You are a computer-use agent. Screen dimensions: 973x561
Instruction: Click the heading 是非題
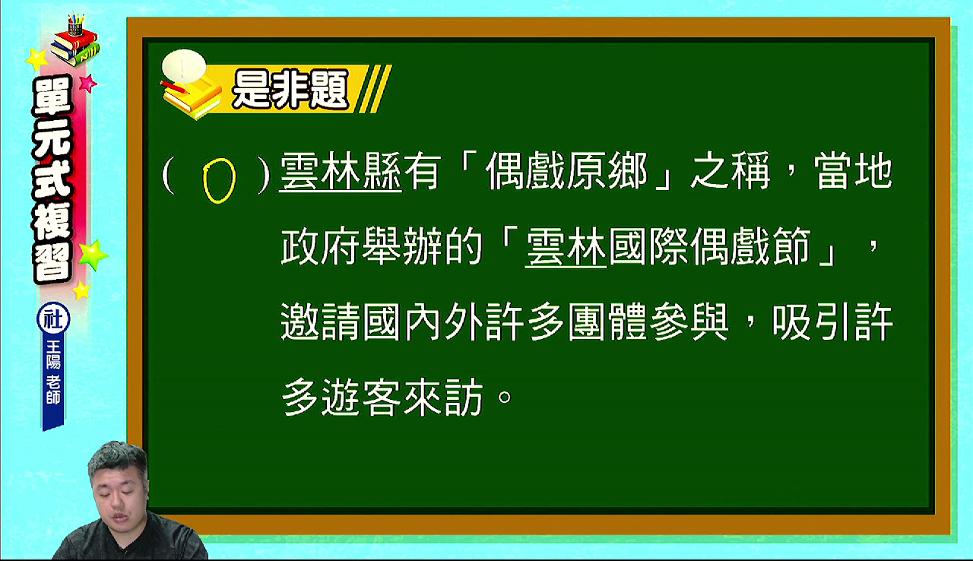tap(290, 90)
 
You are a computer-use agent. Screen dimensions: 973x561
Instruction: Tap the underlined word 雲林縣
tap(340, 171)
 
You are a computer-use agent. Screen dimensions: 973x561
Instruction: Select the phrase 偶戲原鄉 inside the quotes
tap(566, 171)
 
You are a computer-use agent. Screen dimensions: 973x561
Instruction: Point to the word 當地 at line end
tap(854, 171)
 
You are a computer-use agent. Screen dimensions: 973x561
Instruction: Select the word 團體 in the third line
tap(607, 322)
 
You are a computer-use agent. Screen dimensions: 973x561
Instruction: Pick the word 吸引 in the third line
tap(811, 322)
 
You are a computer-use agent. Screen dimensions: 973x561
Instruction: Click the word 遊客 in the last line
tap(361, 397)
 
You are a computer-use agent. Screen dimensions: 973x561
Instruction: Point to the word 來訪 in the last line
tap(443, 397)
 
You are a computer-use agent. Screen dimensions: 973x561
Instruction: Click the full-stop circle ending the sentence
tap(505, 397)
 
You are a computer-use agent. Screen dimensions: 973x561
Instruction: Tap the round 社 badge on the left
tap(53, 319)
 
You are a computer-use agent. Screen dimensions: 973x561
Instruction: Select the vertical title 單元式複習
tap(52, 180)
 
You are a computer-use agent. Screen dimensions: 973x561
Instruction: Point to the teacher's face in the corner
tap(120, 493)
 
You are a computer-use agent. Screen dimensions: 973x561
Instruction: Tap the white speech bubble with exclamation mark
tap(184, 65)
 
